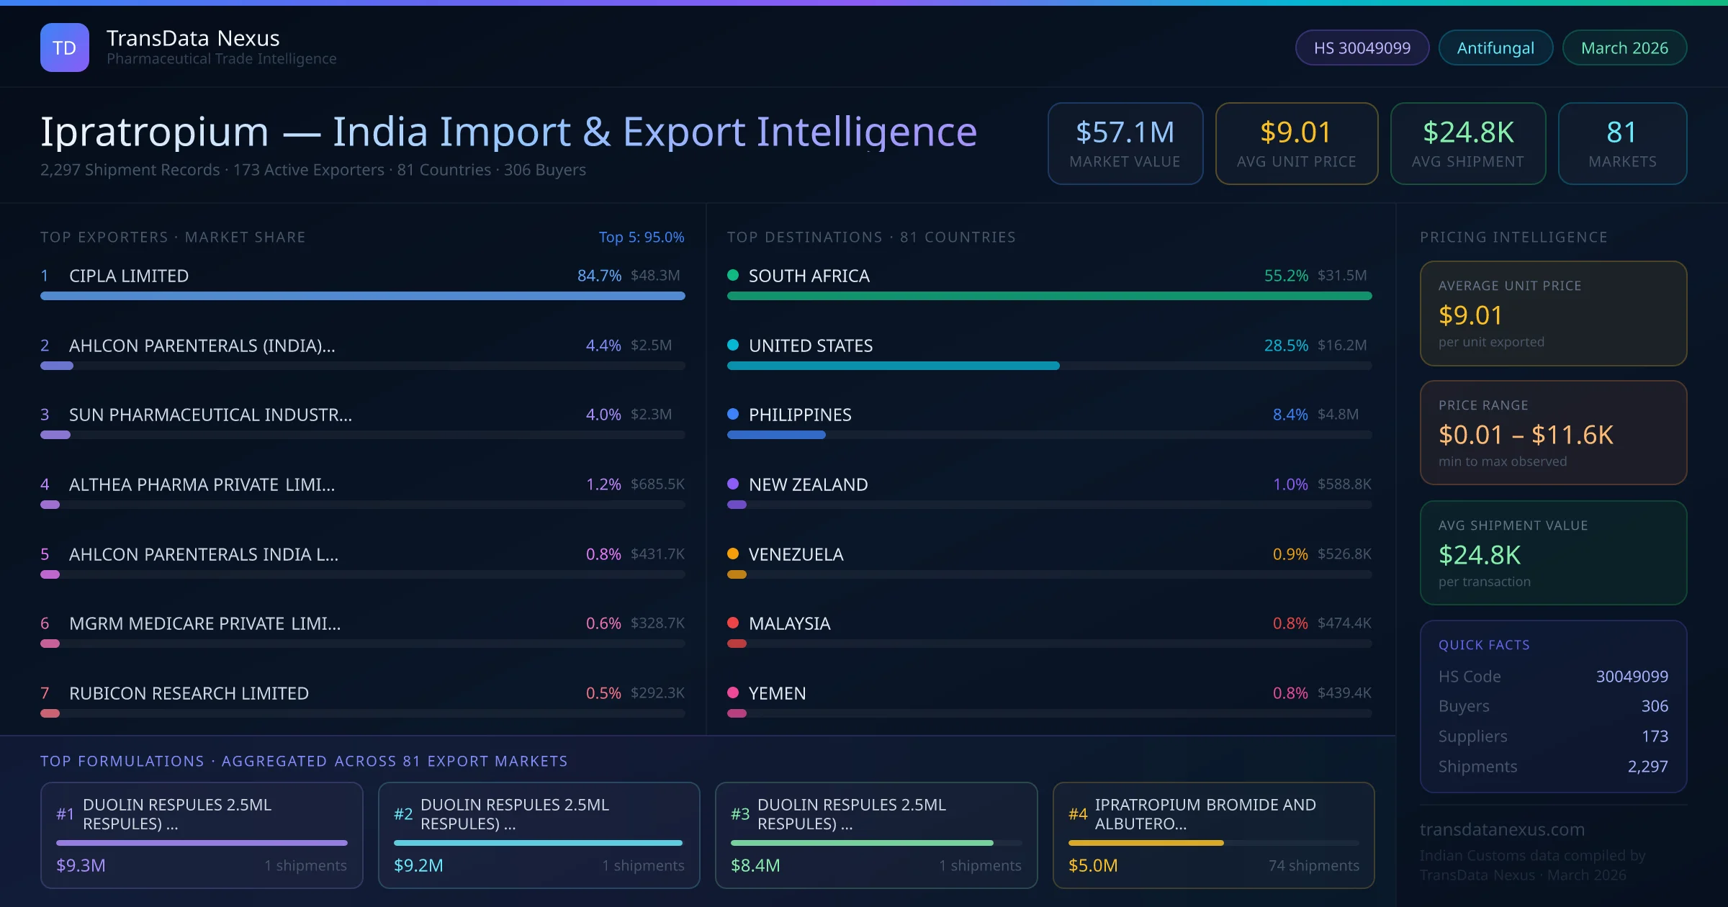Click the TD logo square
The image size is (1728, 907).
click(x=65, y=48)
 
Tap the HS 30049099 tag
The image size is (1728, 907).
click(x=1362, y=48)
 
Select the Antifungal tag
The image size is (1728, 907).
click(x=1495, y=48)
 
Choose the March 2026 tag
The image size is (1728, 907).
click(x=1624, y=48)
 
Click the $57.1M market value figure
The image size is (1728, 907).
click(x=1125, y=132)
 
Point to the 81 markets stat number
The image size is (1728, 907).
click(x=1621, y=132)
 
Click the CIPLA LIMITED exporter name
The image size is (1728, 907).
click(x=129, y=276)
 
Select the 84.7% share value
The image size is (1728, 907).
click(x=599, y=276)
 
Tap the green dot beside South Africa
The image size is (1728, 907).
click(x=733, y=275)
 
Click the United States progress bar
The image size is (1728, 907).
click(x=893, y=366)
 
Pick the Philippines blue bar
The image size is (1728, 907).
click(x=776, y=435)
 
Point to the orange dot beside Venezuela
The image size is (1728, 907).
click(x=733, y=554)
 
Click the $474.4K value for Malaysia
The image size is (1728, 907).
click(x=1344, y=623)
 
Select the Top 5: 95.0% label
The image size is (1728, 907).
click(x=641, y=237)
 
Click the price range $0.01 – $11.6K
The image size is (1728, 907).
click(x=1525, y=435)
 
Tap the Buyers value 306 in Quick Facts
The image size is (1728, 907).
click(x=1654, y=706)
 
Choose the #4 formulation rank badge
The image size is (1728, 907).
click(x=1077, y=814)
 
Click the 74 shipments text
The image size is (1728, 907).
click(x=1313, y=865)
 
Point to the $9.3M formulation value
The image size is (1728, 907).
click(x=81, y=865)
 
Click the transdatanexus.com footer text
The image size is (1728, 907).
click(x=1502, y=829)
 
